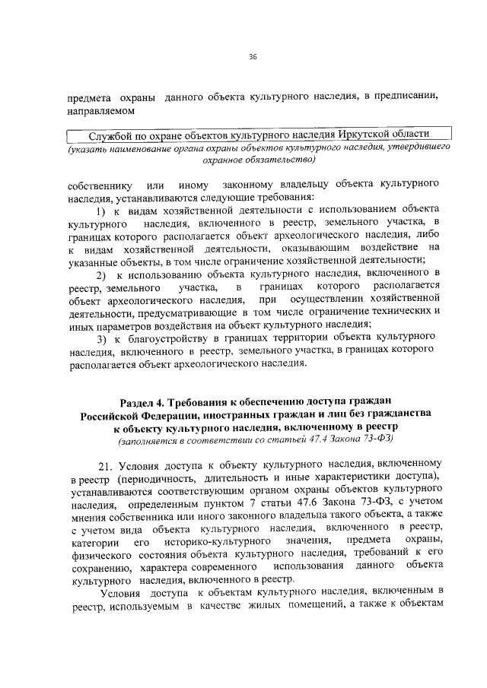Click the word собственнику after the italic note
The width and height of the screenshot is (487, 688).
point(100,186)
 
